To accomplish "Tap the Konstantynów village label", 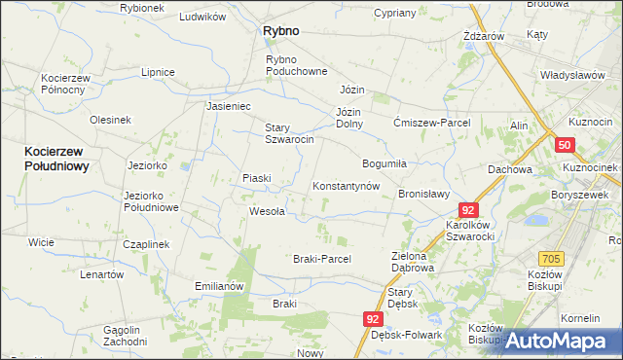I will pyautogui.click(x=345, y=186).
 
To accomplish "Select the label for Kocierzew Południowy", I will pyautogui.click(x=56, y=159).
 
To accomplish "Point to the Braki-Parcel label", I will pyautogui.click(x=321, y=259).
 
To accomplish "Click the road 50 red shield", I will pyautogui.click(x=566, y=144).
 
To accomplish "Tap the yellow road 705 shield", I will pyautogui.click(x=553, y=258).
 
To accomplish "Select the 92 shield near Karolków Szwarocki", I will pyautogui.click(x=469, y=209).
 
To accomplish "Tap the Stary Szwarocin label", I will pyautogui.click(x=289, y=133).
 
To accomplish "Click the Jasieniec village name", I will pyautogui.click(x=229, y=106).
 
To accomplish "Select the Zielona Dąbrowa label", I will pyautogui.click(x=413, y=261).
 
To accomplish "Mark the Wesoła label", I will pyautogui.click(x=267, y=211).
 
